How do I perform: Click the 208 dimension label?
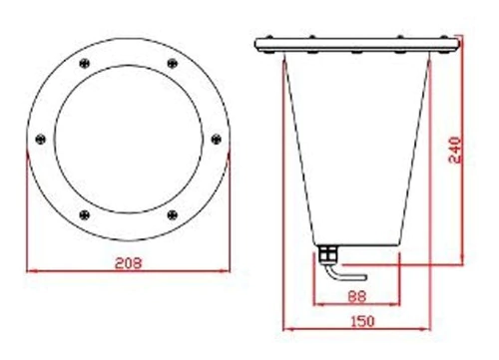tap(128, 263)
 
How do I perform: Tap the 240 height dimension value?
tap(455, 150)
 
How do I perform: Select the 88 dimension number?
tap(357, 296)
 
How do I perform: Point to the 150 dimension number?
tap(362, 321)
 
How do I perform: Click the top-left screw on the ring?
tap(85, 63)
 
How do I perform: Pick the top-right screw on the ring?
tap(172, 63)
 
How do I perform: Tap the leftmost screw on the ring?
tap(40, 139)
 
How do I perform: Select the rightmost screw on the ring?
tap(217, 139)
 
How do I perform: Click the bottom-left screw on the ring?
tap(85, 214)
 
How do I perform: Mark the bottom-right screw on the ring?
tap(172, 214)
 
